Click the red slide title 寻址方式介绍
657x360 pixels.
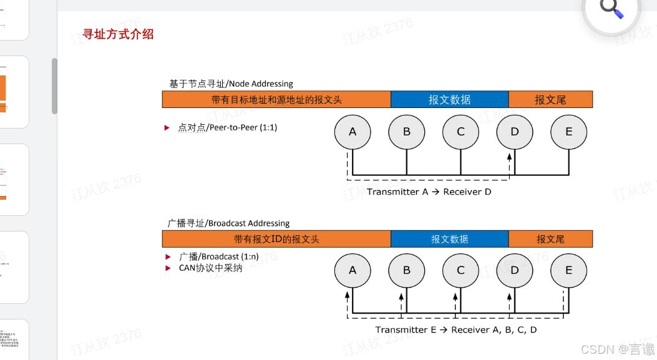pyautogui.click(x=118, y=34)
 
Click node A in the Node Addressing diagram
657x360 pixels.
pyautogui.click(x=353, y=132)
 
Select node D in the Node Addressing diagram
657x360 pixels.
pyautogui.click(x=515, y=132)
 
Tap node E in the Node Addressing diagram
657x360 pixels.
pyautogui.click(x=569, y=132)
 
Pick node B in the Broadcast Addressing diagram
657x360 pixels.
pyautogui.click(x=407, y=271)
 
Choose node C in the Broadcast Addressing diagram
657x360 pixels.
pyautogui.click(x=461, y=271)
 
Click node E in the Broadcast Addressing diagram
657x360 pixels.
pyautogui.click(x=569, y=271)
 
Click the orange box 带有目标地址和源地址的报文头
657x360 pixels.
pyautogui.click(x=276, y=100)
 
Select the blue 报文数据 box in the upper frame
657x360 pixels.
pyautogui.click(x=450, y=100)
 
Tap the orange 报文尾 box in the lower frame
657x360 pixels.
pyautogui.click(x=550, y=239)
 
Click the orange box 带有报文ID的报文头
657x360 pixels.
pyautogui.click(x=276, y=239)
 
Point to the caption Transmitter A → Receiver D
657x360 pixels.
pyautogui.click(x=429, y=192)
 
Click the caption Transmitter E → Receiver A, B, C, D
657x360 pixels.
pyautogui.click(x=455, y=330)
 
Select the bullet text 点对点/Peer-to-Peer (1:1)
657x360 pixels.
pyautogui.click(x=228, y=128)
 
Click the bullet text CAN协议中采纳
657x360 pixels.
pyautogui.click(x=210, y=268)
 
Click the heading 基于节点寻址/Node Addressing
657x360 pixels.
pyautogui.click(x=231, y=84)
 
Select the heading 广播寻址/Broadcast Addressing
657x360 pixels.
pyautogui.click(x=229, y=223)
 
